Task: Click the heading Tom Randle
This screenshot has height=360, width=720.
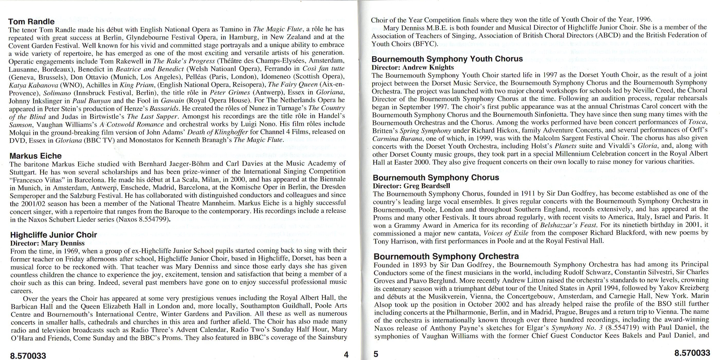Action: pos(31,22)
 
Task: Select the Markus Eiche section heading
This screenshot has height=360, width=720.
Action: pos(35,156)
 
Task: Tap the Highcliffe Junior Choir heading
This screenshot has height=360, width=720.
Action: pos(53,235)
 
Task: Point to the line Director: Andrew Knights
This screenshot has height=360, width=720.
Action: pos(412,67)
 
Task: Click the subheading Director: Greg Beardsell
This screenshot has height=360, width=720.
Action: pos(411,186)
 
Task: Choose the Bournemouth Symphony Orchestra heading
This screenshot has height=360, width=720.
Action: pos(446,256)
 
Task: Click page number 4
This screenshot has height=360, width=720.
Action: pos(346,355)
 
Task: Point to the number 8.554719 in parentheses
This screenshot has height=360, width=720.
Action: pos(618,328)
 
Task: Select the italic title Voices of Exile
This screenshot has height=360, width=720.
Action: pos(506,233)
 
